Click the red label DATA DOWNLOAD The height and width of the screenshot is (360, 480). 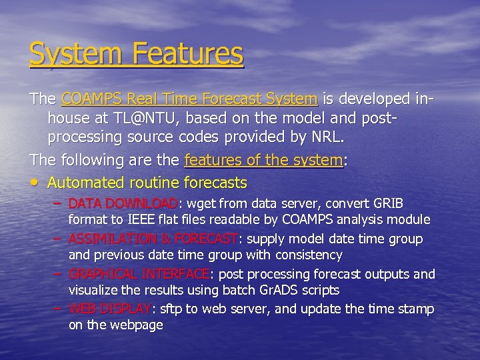[123, 203]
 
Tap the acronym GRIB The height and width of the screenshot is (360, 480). [389, 203]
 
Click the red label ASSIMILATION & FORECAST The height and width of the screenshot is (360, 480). [153, 239]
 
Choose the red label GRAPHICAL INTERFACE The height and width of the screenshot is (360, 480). [139, 274]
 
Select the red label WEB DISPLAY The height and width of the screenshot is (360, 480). [111, 309]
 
